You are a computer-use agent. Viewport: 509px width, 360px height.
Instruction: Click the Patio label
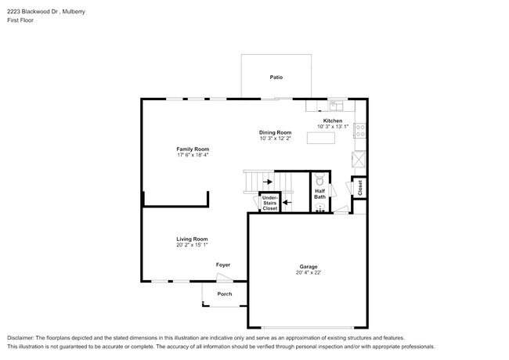276,77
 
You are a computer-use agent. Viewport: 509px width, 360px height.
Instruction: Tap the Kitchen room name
333,121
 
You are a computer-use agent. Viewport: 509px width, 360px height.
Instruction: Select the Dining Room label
276,132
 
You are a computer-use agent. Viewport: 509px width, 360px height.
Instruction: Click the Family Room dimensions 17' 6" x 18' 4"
193,155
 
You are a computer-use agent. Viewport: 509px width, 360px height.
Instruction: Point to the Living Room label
192,239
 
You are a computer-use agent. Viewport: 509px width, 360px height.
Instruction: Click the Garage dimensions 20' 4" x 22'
309,273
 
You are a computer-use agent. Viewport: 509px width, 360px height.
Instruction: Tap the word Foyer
223,265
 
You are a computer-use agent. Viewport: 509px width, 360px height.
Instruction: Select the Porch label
225,294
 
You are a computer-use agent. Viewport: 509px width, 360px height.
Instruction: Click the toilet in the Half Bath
319,179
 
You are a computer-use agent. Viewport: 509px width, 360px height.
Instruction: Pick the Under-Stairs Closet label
270,203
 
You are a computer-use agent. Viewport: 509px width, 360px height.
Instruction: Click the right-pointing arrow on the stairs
268,182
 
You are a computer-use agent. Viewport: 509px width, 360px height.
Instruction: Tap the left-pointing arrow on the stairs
287,203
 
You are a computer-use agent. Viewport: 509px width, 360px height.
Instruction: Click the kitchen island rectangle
321,138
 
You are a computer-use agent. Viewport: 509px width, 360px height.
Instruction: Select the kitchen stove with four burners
360,131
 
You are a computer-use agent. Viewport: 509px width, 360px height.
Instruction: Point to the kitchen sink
337,106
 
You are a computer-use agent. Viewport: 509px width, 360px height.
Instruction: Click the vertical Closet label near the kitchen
360,188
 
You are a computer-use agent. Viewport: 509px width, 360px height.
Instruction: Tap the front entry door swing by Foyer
225,277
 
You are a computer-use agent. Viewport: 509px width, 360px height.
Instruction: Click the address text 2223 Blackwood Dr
33,12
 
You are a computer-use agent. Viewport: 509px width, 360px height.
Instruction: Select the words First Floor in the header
20,20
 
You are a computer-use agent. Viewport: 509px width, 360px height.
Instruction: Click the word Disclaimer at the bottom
20,338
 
